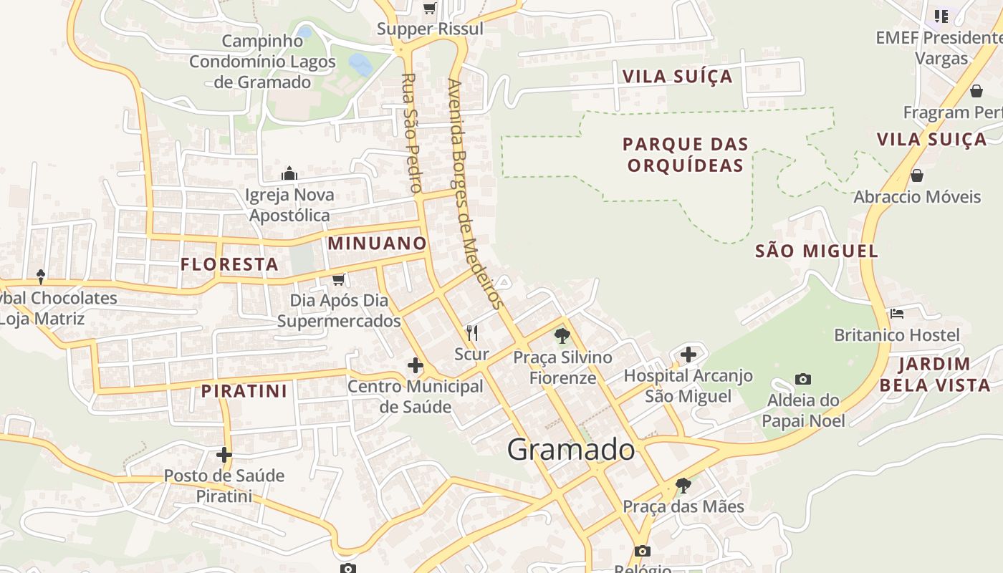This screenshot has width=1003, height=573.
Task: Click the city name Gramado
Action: [x=571, y=450]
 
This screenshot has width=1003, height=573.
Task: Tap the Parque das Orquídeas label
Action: [x=686, y=155]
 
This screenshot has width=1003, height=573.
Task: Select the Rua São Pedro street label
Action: [x=411, y=133]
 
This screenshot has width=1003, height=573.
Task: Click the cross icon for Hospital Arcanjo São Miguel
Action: [x=688, y=355]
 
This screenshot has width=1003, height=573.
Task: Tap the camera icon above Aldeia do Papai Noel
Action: [x=803, y=379]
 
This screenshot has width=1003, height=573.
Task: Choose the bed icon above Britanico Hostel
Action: [x=896, y=314]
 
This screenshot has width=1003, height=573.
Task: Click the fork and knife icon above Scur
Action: [x=471, y=333]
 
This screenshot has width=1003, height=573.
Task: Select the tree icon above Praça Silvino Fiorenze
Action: [x=562, y=335]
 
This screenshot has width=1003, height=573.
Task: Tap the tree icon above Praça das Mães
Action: [x=683, y=486]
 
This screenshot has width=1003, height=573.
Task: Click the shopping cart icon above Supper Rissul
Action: [x=430, y=9]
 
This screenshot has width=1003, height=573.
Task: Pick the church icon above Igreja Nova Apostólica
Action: [x=289, y=173]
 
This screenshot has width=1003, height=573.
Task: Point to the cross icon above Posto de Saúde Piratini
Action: [x=224, y=454]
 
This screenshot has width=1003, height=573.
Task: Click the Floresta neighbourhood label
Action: [x=229, y=264]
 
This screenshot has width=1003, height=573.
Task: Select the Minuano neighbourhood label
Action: [x=378, y=244]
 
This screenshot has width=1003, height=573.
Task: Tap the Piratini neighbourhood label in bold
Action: [x=244, y=391]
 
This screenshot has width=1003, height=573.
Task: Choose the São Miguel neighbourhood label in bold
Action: [x=817, y=251]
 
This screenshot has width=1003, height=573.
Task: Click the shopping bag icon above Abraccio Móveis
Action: [x=916, y=175]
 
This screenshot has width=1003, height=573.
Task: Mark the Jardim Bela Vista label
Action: [x=935, y=375]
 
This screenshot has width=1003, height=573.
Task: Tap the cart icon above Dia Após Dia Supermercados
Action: [x=339, y=279]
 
